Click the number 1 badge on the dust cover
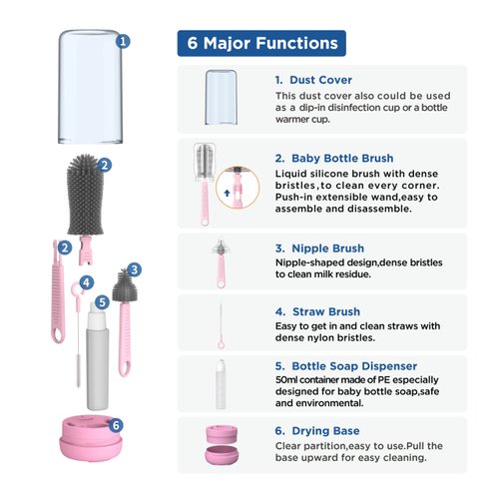point(123,42)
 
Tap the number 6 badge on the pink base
point(116,425)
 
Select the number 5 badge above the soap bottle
point(102,302)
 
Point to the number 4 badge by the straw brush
point(87,282)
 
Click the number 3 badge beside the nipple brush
point(134,269)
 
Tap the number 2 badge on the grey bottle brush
point(104,165)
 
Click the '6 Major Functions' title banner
point(261,43)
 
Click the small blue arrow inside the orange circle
point(228,193)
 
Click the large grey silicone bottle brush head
point(85,195)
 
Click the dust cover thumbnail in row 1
point(221,97)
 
